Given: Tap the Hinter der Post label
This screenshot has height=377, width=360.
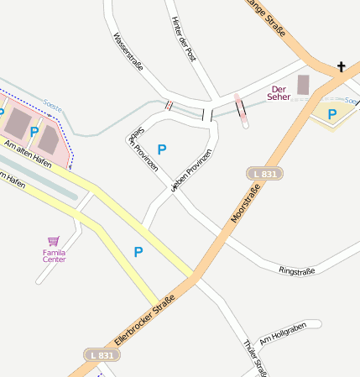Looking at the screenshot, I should (183, 39).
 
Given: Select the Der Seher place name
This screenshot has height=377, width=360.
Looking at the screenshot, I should (279, 92).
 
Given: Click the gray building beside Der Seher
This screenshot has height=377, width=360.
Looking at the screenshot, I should (303, 85).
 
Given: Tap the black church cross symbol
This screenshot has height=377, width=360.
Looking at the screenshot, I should (341, 66).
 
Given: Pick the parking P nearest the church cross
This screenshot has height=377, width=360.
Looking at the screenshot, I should (332, 114).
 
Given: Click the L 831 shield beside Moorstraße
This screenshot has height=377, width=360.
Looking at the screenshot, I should (265, 174).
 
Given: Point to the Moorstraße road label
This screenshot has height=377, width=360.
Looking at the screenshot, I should (246, 202).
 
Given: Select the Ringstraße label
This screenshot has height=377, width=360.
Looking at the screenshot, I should (296, 270).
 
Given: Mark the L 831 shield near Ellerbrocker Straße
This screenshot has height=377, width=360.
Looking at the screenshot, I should (100, 356).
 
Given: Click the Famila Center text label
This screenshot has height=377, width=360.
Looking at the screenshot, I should (55, 255).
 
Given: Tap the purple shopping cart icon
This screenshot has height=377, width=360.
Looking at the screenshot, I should (55, 240).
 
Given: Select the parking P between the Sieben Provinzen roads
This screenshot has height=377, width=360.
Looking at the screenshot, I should (162, 149).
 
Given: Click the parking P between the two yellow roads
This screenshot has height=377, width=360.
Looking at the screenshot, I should (138, 251).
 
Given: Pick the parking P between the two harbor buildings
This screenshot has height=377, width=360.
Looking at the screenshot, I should (34, 131).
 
